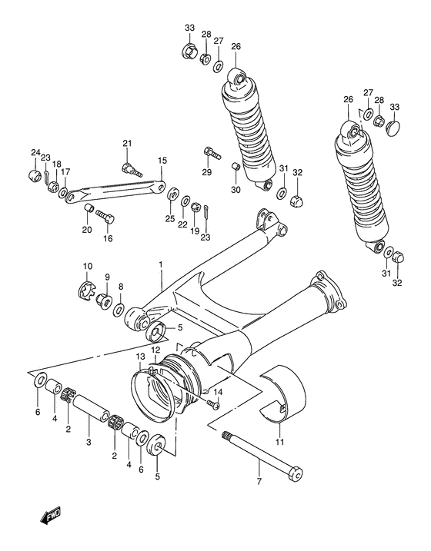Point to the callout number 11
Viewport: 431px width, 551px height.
click(279, 441)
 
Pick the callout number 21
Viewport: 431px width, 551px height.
click(127, 144)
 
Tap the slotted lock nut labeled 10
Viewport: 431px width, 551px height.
click(89, 292)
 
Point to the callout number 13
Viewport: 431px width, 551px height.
click(141, 357)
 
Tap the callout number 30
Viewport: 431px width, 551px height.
click(236, 190)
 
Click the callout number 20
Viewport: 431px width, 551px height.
click(86, 229)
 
